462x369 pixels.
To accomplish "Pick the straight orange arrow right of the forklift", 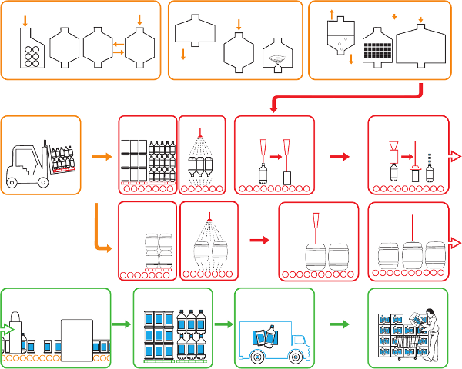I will [x=101, y=158].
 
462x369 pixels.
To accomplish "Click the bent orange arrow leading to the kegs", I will [x=102, y=231].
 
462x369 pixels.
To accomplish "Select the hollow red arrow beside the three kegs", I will [x=454, y=244].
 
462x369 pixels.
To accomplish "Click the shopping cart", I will [x=410, y=347].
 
